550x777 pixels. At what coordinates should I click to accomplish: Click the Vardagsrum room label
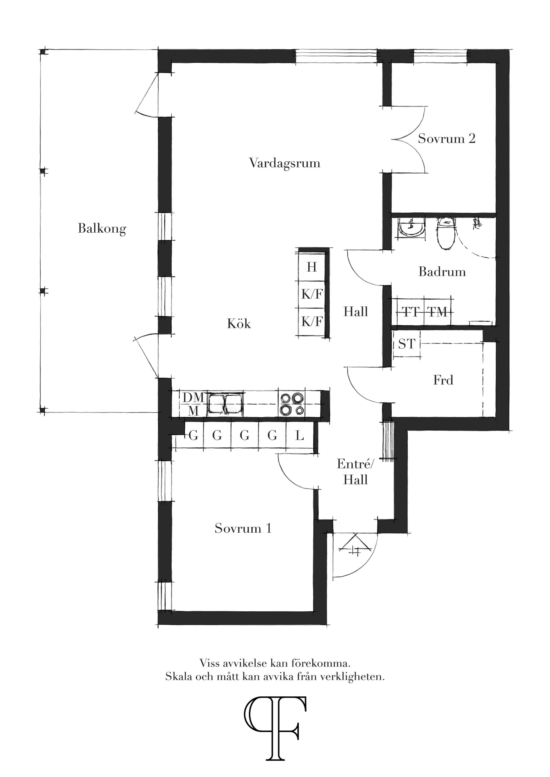[x=285, y=163]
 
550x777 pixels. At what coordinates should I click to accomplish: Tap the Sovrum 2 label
[x=446, y=138]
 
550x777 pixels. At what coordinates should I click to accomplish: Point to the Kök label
[x=239, y=324]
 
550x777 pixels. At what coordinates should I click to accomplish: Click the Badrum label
[x=442, y=272]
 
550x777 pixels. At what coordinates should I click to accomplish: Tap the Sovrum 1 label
[x=243, y=528]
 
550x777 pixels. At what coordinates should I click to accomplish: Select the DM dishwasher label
[x=193, y=398]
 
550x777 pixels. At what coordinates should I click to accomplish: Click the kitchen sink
[x=226, y=404]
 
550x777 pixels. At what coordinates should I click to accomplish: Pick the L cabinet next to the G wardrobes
[x=300, y=435]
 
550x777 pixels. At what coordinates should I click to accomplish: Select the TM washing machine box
[x=437, y=311]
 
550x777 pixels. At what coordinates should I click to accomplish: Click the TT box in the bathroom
[x=411, y=311]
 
